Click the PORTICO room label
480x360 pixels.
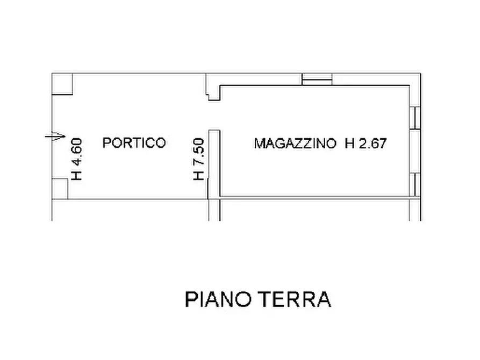tap(134, 143)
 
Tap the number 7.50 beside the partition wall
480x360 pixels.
tap(198, 152)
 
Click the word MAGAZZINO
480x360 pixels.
tap(296, 143)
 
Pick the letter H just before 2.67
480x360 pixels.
tap(350, 143)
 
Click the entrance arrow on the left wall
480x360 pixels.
tap(55, 136)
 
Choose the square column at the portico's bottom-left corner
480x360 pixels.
tap(60, 189)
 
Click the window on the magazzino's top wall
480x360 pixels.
tap(317, 79)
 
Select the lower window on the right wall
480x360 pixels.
tap(416, 184)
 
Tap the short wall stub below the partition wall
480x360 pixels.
tap(214, 210)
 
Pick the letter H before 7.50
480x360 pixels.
tap(198, 175)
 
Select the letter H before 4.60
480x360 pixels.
tap(76, 175)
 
